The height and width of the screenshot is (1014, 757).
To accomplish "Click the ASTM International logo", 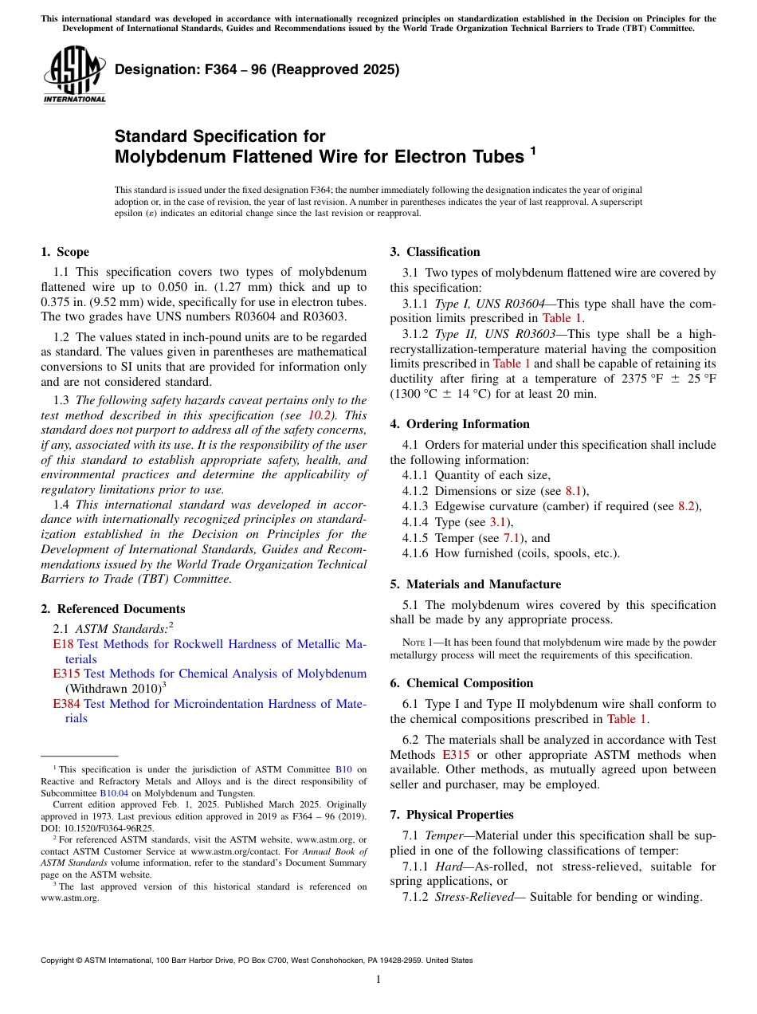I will point(73,75).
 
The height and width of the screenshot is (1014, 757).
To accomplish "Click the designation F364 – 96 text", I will point(257,70).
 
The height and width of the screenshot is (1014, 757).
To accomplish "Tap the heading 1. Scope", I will point(65,252).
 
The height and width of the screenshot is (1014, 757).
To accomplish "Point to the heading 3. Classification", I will point(435,252).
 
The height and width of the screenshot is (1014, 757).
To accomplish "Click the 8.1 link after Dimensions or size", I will point(574,491).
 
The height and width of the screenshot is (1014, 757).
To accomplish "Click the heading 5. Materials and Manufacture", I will point(475,584).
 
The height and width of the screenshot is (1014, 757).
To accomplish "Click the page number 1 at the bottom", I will point(378,979).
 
